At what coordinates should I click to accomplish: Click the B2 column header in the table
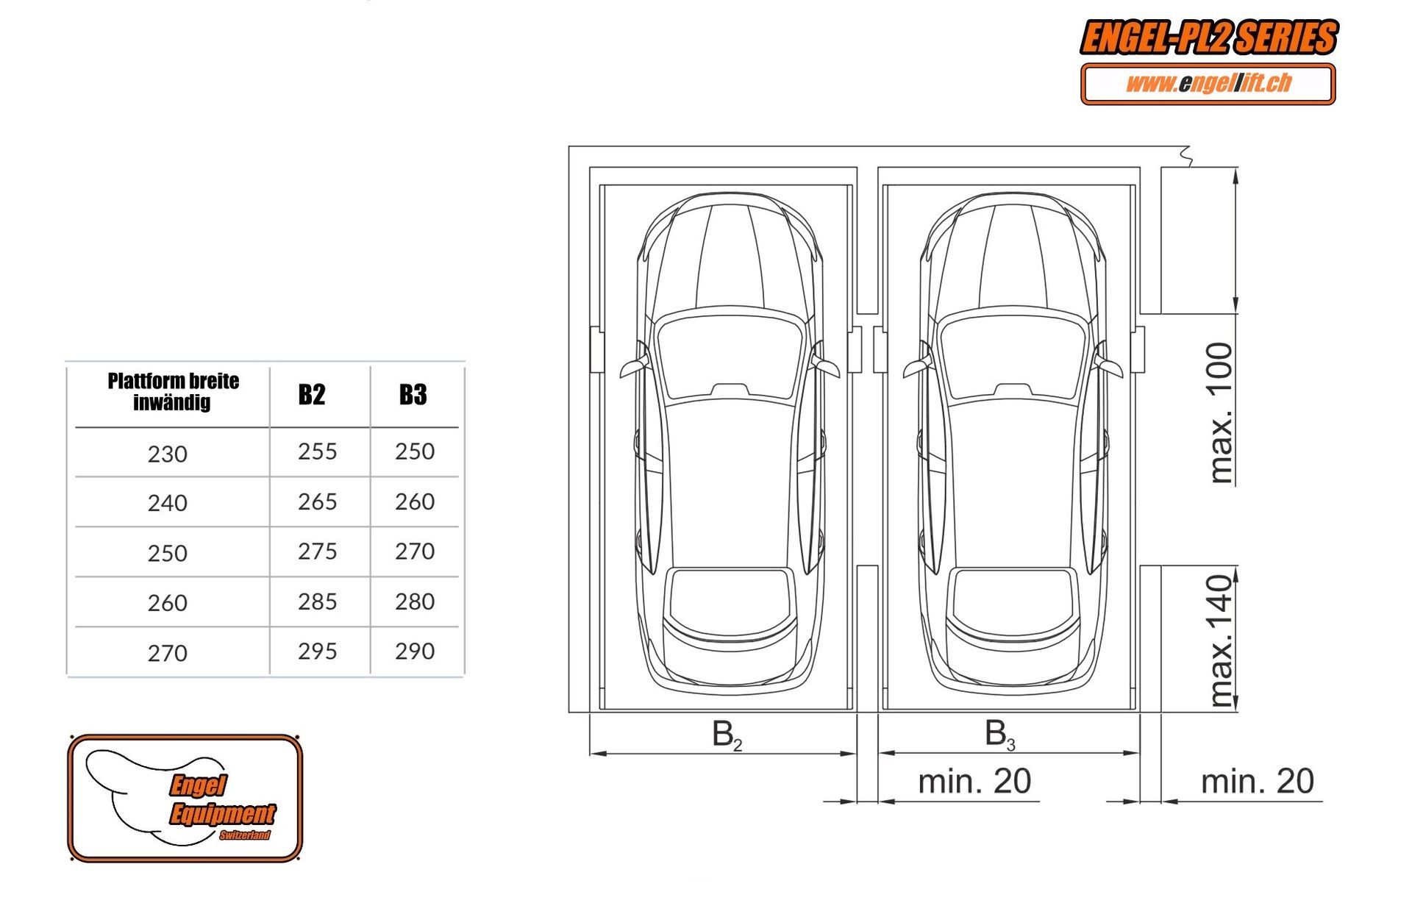point(312,395)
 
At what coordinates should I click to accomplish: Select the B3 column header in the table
point(413,395)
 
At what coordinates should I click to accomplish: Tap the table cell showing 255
point(318,451)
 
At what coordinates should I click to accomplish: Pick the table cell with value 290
point(415,652)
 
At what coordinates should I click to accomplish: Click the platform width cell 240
point(168,504)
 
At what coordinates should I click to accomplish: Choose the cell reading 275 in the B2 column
point(318,552)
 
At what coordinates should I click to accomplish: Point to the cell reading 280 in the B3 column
point(415,602)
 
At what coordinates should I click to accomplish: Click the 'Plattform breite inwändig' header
point(173,391)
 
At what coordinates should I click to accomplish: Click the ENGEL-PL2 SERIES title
point(1209,38)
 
